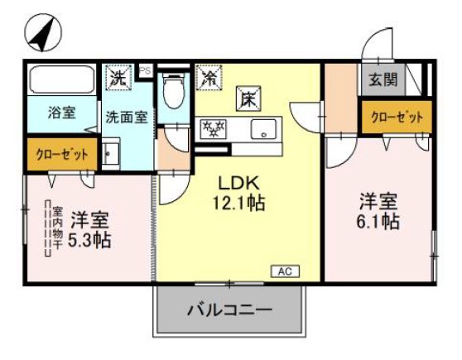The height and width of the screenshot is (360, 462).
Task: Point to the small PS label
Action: pyautogui.click(x=145, y=72)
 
